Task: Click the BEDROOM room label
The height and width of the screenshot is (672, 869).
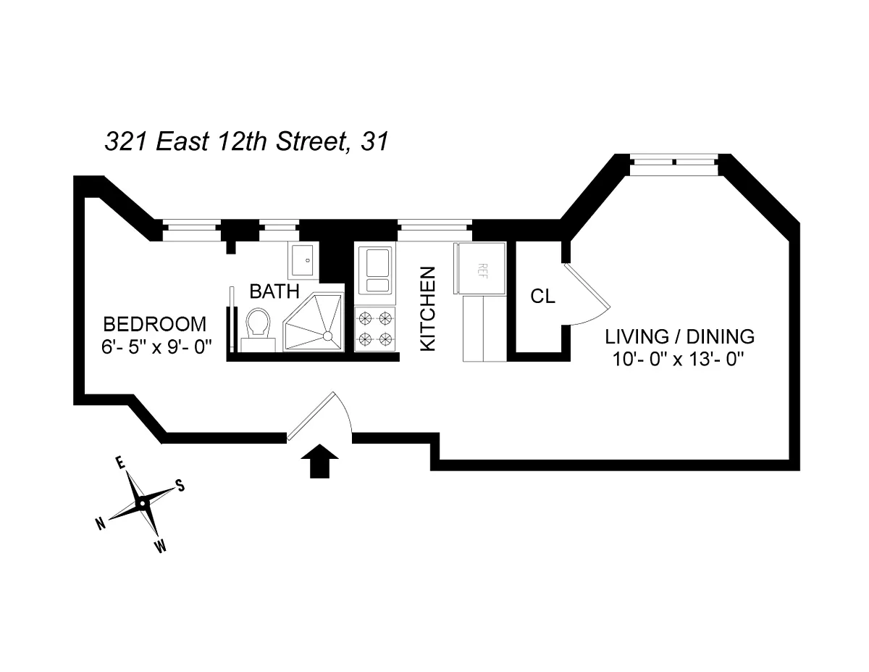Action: (x=155, y=324)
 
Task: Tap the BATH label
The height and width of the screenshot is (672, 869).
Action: (x=274, y=291)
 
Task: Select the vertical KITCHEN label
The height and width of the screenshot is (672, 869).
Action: (x=427, y=309)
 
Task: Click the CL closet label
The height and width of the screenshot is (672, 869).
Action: (x=542, y=296)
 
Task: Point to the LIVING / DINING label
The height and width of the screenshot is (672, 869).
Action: (x=679, y=336)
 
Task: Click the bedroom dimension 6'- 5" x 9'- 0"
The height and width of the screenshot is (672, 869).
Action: (x=156, y=347)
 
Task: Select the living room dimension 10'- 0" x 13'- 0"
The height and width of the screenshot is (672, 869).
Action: (x=679, y=359)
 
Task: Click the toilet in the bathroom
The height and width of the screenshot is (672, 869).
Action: (x=258, y=330)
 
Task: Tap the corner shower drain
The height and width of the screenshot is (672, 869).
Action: (x=327, y=336)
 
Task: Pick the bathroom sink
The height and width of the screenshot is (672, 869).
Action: (x=303, y=260)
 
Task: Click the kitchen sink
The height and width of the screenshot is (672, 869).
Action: (x=374, y=270)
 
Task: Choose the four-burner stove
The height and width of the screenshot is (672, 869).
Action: (x=374, y=329)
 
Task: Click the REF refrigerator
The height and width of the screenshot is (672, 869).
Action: (x=479, y=267)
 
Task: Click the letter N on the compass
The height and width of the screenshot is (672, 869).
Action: (x=101, y=523)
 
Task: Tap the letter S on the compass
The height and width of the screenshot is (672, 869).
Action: (x=181, y=486)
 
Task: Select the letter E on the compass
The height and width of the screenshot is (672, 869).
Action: (x=120, y=462)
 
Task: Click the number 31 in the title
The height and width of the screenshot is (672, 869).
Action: (x=374, y=141)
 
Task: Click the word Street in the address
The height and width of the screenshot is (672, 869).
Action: (x=312, y=141)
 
